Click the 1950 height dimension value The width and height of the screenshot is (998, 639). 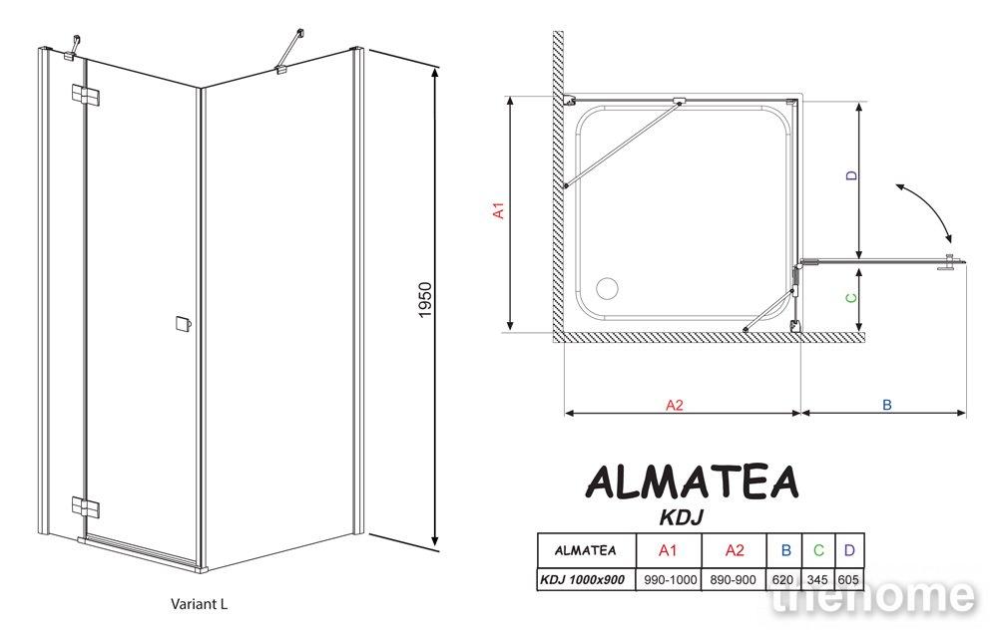pyautogui.click(x=424, y=300)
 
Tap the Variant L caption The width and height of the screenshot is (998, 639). pyautogui.click(x=199, y=604)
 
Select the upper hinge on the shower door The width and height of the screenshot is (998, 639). pyautogui.click(x=85, y=96)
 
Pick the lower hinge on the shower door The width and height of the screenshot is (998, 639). pyautogui.click(x=85, y=507)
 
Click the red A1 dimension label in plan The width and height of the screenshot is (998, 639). pyautogui.click(x=499, y=210)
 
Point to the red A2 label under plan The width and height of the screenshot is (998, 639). pyautogui.click(x=674, y=405)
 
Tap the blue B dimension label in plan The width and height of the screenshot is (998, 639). pyautogui.click(x=886, y=405)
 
